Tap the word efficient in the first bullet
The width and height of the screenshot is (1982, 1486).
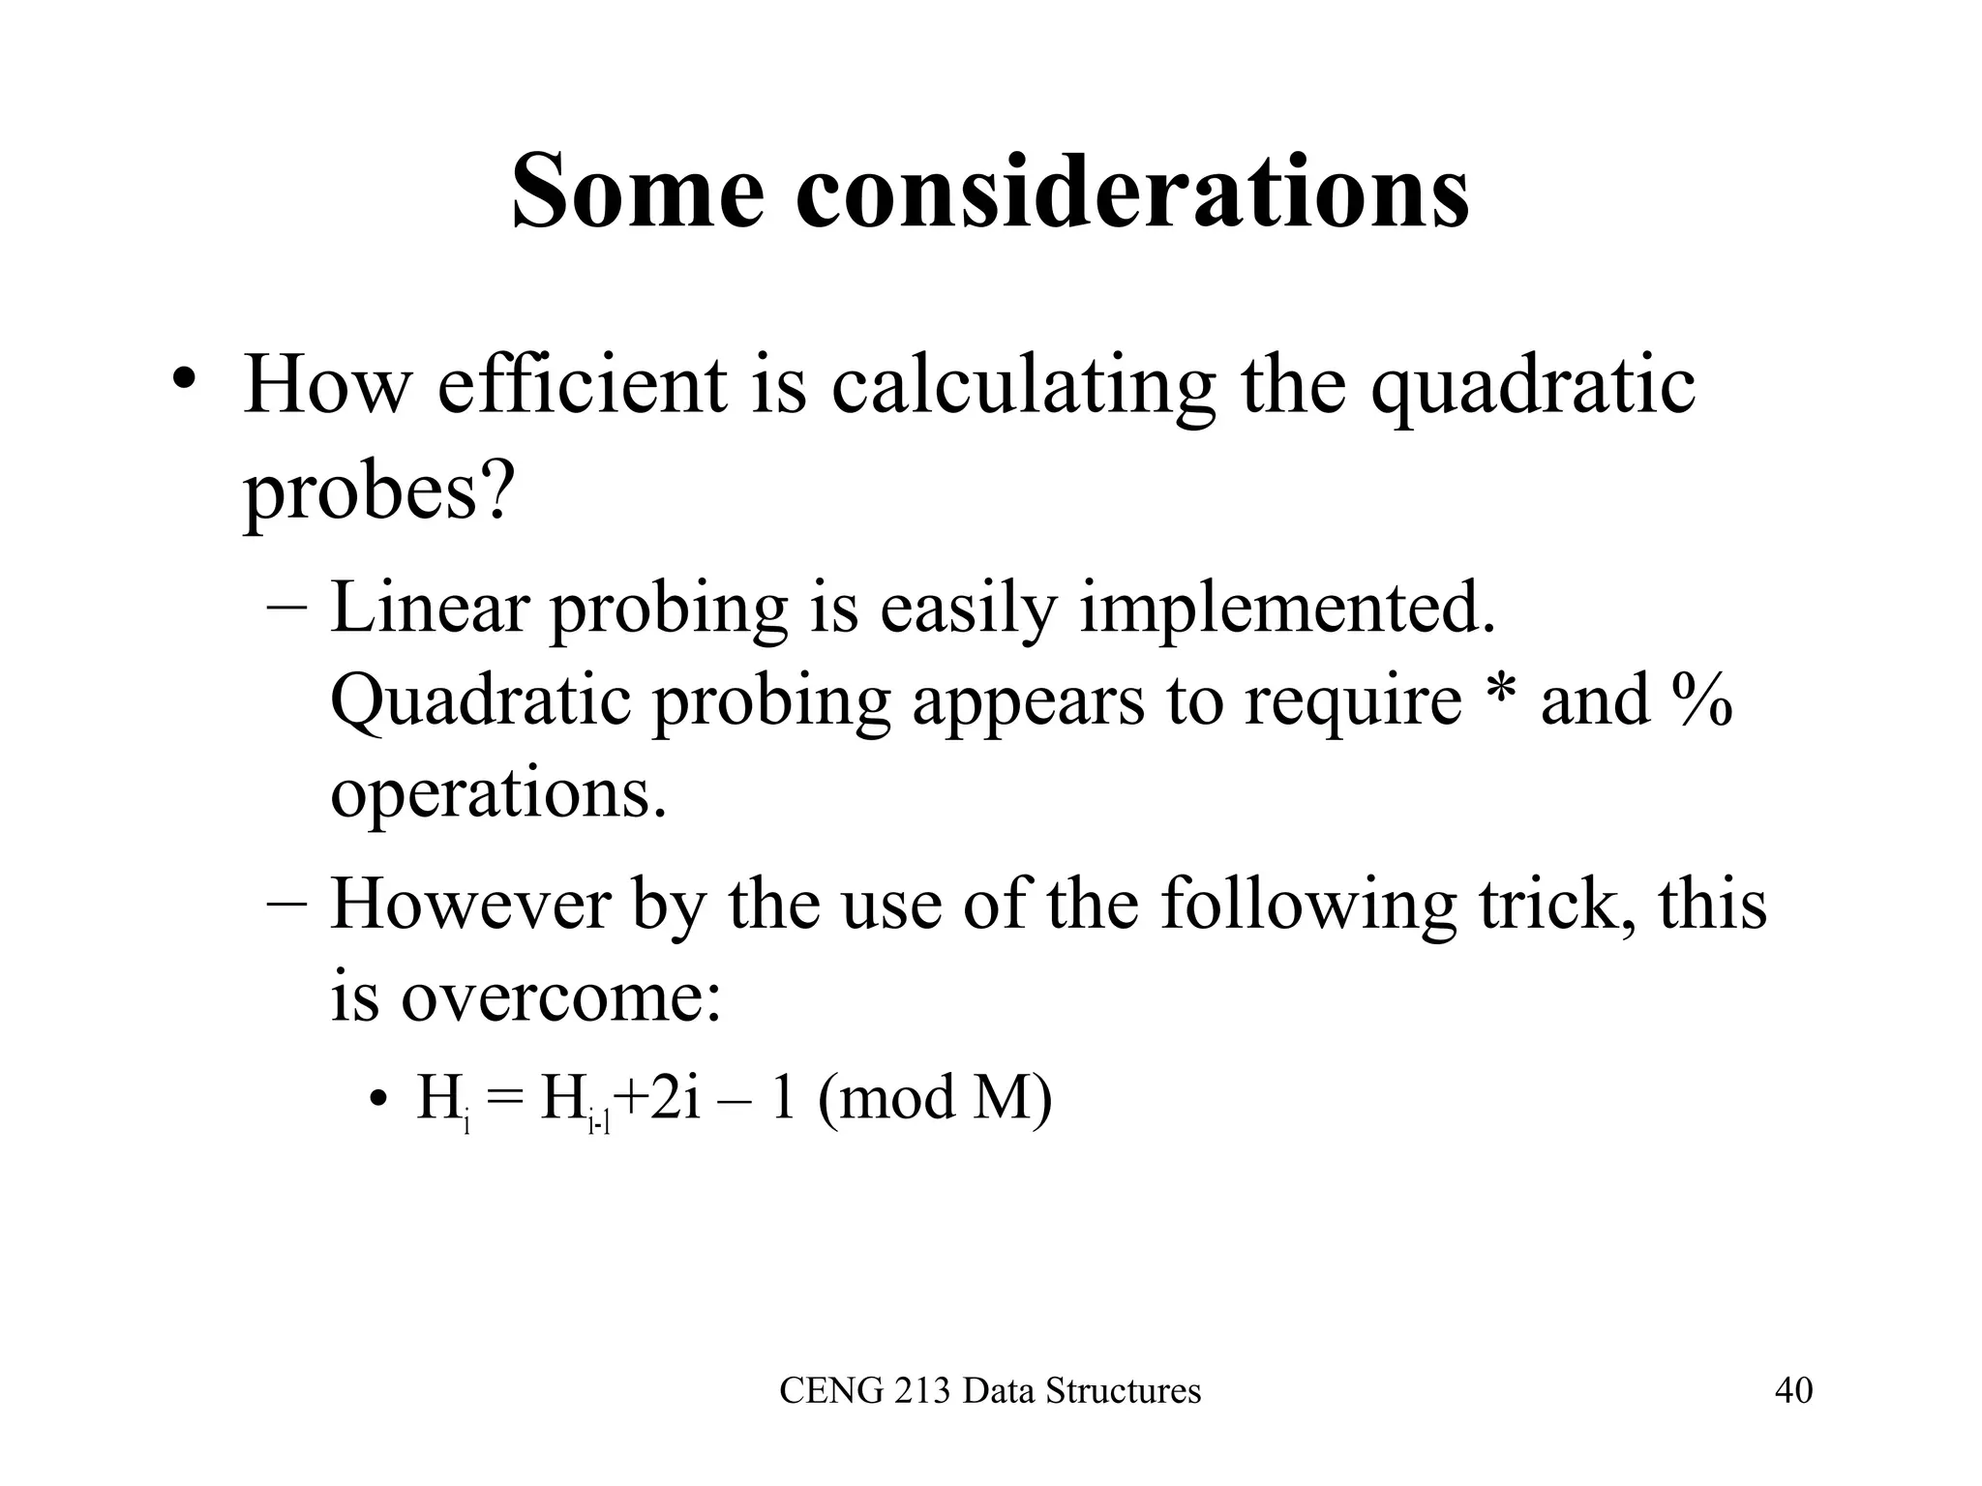coord(582,385)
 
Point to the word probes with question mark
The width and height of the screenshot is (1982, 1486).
coord(376,491)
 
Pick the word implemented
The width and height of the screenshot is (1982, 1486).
coord(1287,609)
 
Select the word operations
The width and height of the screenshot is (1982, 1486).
coord(498,793)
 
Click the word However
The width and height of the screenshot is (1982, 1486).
coord(471,904)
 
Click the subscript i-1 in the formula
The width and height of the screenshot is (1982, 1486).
coord(599,1123)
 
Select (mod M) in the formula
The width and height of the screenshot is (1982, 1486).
coord(934,1100)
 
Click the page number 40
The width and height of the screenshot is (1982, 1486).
coord(1793,1390)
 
